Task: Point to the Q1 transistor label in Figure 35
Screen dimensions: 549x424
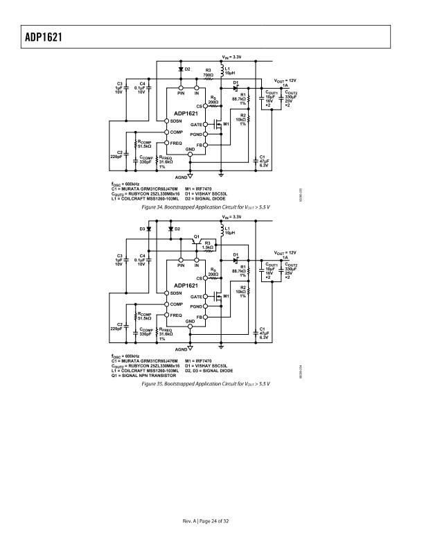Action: [197, 236]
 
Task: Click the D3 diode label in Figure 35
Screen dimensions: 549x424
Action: [142, 229]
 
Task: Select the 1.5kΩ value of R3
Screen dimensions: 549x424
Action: [207, 247]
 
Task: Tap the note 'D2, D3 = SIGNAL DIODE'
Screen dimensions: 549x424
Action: [207, 370]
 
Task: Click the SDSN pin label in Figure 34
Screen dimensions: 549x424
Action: [177, 121]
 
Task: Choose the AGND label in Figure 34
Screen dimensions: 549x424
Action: [182, 176]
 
